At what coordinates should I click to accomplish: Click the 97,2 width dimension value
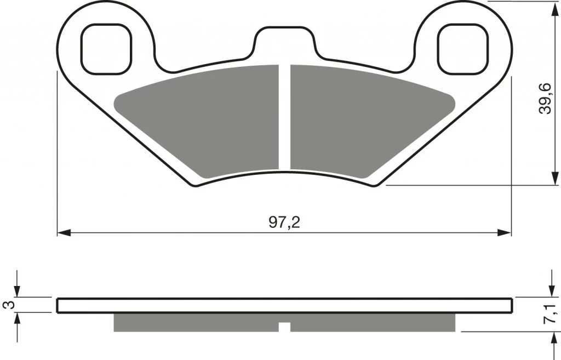pyautogui.click(x=284, y=222)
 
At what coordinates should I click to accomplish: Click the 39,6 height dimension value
pyautogui.click(x=545, y=98)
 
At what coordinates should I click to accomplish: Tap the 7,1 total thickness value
pyautogui.click(x=551, y=313)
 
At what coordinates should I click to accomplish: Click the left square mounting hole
pyautogui.click(x=106, y=49)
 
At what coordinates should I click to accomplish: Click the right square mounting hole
pyautogui.click(x=463, y=49)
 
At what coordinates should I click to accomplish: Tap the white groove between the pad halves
pyautogui.click(x=284, y=117)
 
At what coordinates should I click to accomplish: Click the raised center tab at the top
pyautogui.click(x=285, y=41)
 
